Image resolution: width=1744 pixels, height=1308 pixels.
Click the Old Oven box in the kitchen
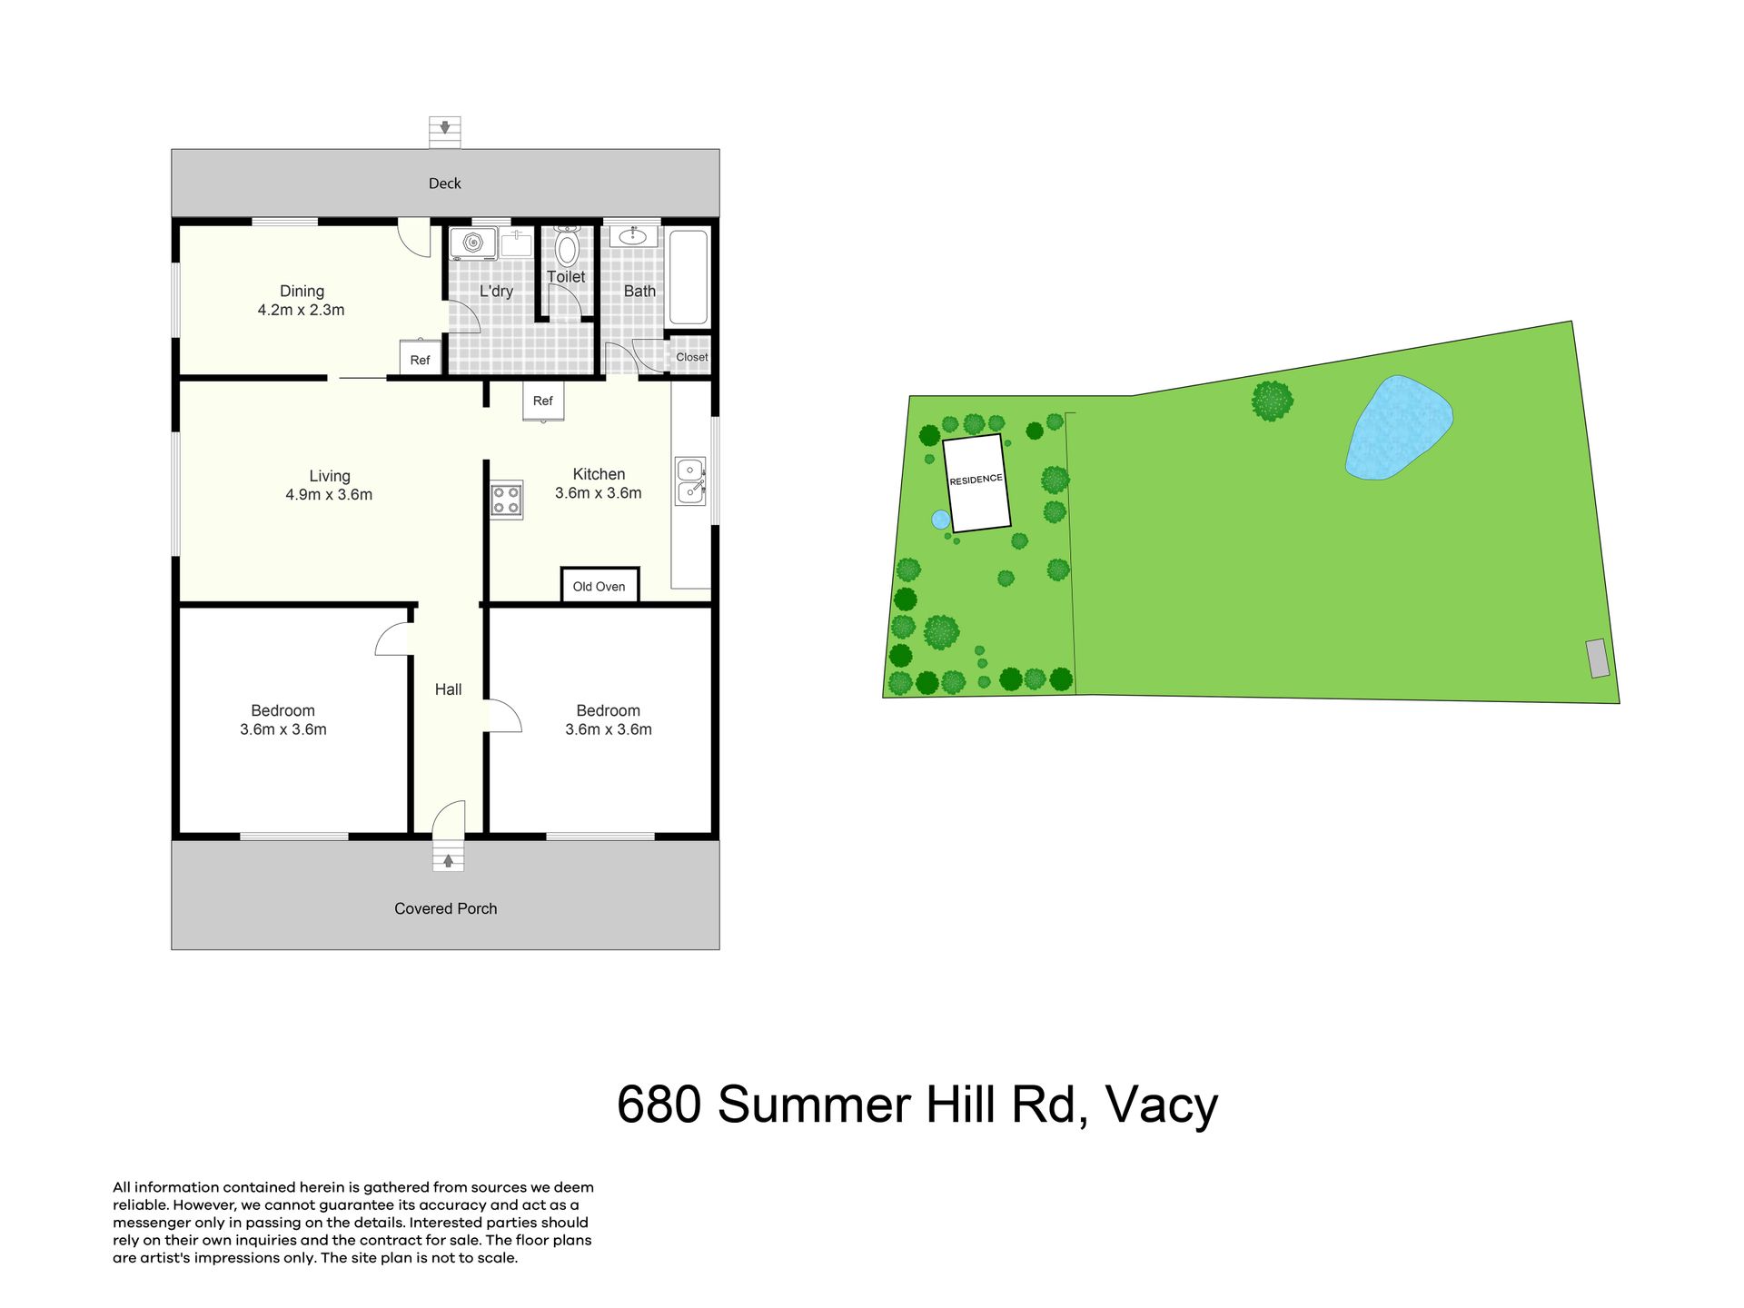pos(599,585)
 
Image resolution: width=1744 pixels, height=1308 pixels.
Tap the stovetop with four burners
pos(507,500)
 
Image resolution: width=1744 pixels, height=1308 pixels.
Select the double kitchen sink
pos(690,481)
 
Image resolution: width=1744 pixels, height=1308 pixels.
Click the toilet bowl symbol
pos(567,245)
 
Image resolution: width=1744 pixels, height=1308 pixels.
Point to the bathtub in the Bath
pos(688,277)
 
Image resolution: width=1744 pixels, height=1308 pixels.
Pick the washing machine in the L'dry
pos(473,243)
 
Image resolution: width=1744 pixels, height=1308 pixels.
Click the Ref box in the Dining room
pos(421,358)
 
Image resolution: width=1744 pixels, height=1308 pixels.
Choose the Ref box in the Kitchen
pos(543,401)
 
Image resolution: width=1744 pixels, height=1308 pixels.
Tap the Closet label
pos(692,357)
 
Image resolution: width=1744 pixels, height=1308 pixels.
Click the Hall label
pos(448,689)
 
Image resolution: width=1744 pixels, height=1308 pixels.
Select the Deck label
pos(445,183)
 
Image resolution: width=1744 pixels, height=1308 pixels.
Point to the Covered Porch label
pos(446,908)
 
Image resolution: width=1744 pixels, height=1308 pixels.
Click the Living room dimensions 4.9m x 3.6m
pos(329,495)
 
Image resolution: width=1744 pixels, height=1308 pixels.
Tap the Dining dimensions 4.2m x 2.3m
pos(301,310)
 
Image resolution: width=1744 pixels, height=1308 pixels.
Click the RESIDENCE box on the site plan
pos(976,482)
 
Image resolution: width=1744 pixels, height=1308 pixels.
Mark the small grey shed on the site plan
pos(1598,659)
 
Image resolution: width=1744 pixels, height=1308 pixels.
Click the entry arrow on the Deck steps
pos(445,128)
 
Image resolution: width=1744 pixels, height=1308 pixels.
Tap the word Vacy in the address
pos(1162,1105)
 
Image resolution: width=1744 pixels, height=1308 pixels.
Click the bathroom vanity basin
pos(632,237)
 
